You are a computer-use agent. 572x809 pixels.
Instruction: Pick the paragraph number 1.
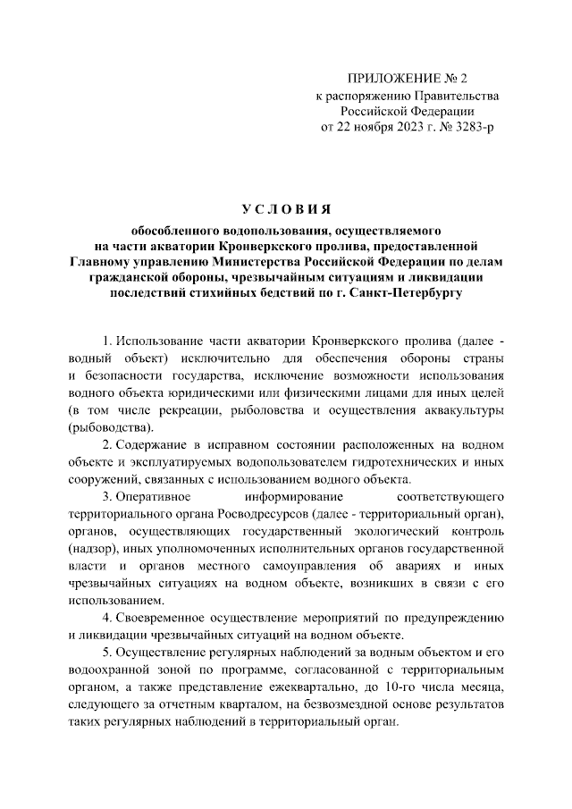tap(106, 342)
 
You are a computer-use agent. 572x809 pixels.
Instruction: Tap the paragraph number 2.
tap(106, 443)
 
